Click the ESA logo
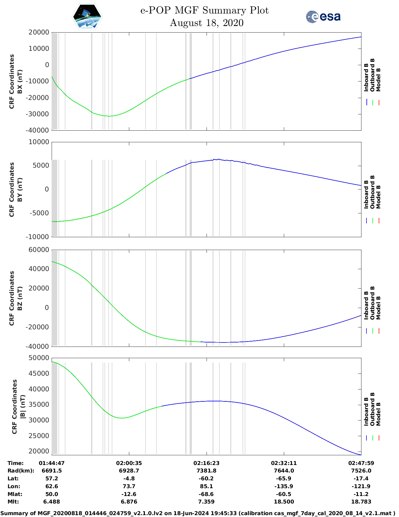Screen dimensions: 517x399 tap(323, 17)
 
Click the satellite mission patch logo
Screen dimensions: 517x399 tap(87, 17)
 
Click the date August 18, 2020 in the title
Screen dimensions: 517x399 tap(207, 23)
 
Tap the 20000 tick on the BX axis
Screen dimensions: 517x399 tap(38, 32)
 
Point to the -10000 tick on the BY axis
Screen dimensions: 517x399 tap(38, 237)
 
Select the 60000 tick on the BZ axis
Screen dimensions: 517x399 tap(38, 250)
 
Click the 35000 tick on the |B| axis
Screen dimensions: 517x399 tap(38, 405)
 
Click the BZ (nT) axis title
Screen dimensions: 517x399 tap(20, 298)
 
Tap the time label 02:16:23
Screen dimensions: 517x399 tap(206, 463)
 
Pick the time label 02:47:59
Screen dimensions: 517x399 tap(361, 463)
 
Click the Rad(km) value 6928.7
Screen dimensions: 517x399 tap(129, 471)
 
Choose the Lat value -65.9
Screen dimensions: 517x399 tap(284, 478)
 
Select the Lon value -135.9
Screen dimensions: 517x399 tap(284, 486)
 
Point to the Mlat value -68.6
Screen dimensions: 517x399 tap(206, 494)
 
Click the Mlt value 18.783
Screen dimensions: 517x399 tap(361, 502)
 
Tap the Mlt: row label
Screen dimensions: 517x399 tap(13, 502)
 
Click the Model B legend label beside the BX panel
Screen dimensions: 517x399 tap(378, 80)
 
